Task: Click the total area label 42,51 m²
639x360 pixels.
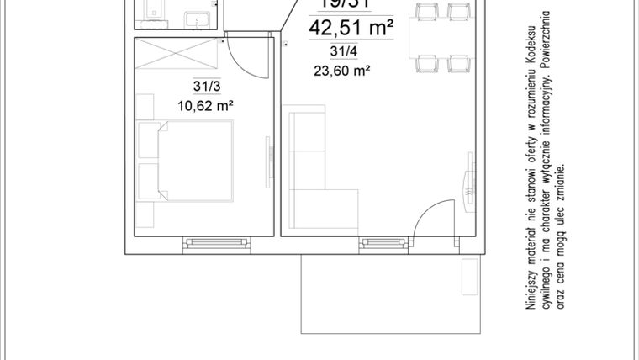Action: coord(352,29)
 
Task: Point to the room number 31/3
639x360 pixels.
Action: coord(205,87)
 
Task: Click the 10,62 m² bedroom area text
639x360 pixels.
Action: coord(205,105)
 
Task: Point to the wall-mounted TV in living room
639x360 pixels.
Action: coord(467,184)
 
